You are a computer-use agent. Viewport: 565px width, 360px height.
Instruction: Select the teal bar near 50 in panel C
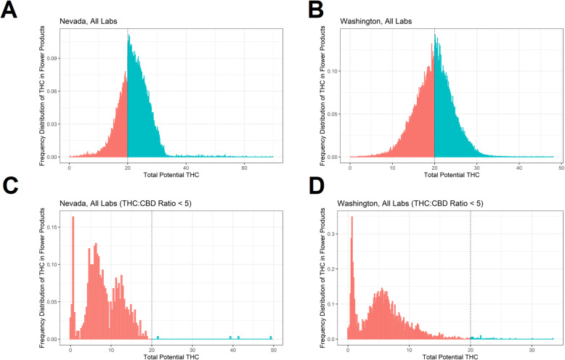click(x=270, y=337)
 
